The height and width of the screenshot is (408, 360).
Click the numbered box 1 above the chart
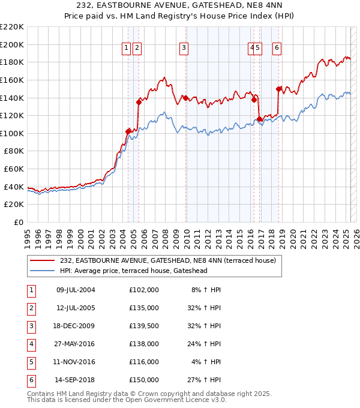pos(127,49)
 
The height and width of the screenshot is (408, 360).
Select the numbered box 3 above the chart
pos(184,49)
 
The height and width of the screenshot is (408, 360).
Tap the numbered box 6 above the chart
pos(277,49)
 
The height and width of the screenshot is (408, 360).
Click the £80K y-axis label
pos(14,151)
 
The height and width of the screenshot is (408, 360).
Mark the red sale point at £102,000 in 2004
pos(128,131)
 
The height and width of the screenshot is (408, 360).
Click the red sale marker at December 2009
pos(185,98)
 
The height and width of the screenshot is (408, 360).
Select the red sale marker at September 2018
pos(278,89)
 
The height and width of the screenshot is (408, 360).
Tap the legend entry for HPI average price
pos(133,271)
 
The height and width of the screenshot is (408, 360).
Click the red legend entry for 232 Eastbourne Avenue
pos(167,260)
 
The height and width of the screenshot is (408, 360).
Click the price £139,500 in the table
pos(143,326)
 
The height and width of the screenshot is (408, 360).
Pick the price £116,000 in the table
pos(143,362)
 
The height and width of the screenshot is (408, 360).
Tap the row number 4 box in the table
pos(31,344)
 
